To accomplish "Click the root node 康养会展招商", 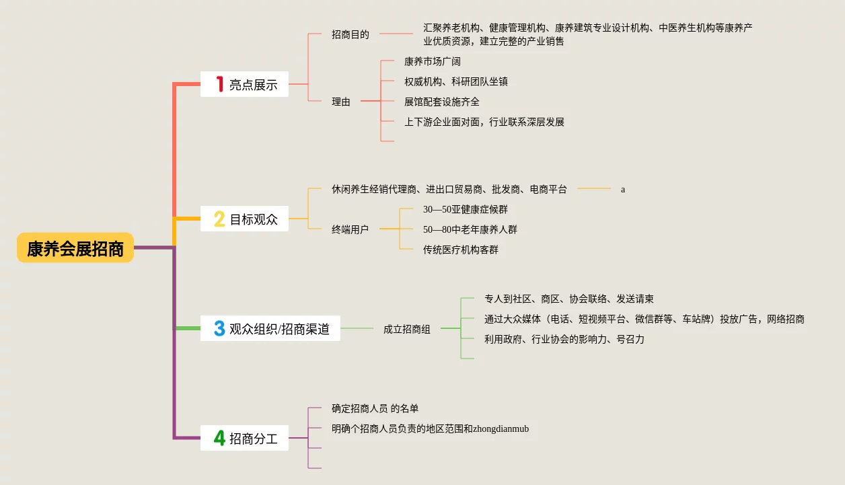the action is pos(75,248).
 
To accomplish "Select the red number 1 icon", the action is pos(219,84).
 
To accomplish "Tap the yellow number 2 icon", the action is pos(219,219).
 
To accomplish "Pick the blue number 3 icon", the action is pos(219,328).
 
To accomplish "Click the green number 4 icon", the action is pos(219,438).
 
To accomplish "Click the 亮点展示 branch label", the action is pos(253,85).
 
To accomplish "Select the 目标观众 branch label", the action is pos(253,219).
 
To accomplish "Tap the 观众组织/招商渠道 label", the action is pos(279,329).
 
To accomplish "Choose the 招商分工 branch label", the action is pos(253,439).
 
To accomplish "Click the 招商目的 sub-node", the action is pos(351,34).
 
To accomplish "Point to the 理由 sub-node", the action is pos(341,102).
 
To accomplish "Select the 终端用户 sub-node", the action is pos(350,229).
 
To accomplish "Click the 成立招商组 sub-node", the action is pos(407,329).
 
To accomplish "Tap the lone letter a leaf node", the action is pos(623,190).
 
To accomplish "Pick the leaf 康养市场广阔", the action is pos(433,61).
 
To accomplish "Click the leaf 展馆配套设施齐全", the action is pos(442,102).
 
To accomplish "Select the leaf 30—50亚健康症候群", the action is pos(466,209).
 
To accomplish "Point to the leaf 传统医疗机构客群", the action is pos(461,250).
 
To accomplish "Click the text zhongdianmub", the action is pos(501,428).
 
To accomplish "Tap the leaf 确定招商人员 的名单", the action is pos(375,408).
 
